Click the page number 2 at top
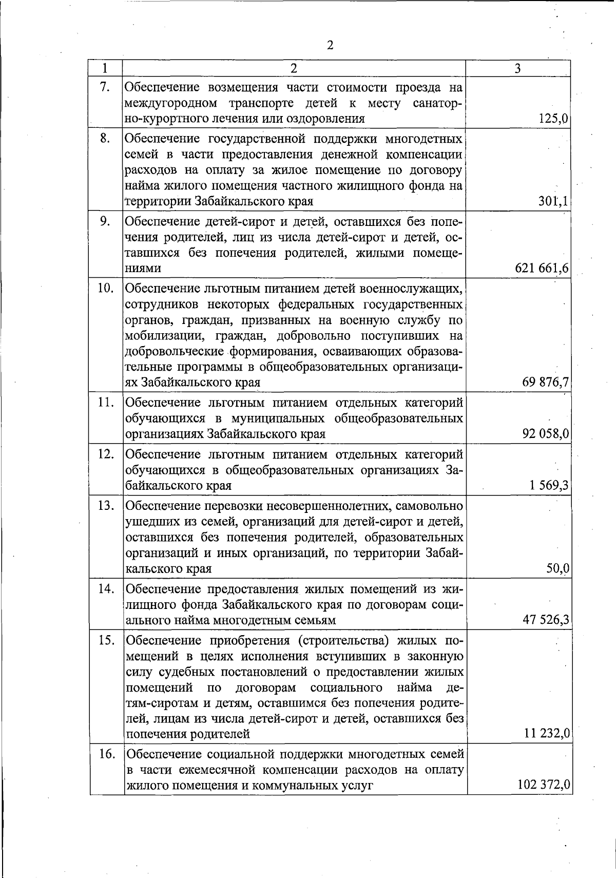coord(330,45)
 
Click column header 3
coord(518,68)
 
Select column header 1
coord(105,68)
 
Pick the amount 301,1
coord(553,201)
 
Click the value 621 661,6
coord(541,269)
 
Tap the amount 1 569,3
coord(549,485)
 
